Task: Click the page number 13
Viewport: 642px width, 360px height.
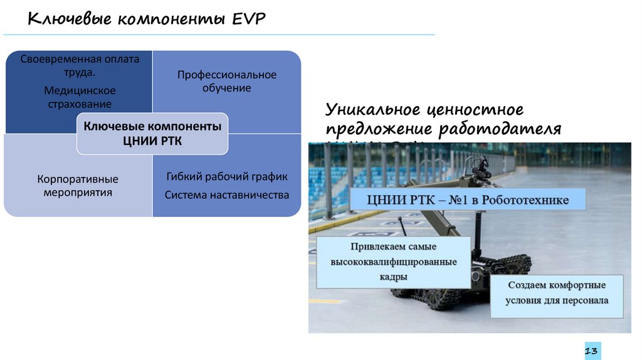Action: pyautogui.click(x=592, y=351)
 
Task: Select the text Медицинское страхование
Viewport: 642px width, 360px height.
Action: pyautogui.click(x=80, y=97)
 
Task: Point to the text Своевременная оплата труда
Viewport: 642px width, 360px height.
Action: pyautogui.click(x=80, y=65)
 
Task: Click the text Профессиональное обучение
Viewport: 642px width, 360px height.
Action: pyautogui.click(x=226, y=82)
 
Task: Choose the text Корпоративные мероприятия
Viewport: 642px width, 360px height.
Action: pyautogui.click(x=78, y=186)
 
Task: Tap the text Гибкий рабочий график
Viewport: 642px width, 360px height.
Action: pyautogui.click(x=226, y=177)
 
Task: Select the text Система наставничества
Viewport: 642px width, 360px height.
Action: pyautogui.click(x=226, y=195)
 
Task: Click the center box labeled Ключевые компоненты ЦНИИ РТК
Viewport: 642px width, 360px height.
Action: pyautogui.click(x=152, y=134)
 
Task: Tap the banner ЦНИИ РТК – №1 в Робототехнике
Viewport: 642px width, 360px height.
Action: pyautogui.click(x=468, y=201)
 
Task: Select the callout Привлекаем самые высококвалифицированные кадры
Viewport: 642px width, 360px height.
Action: pyautogui.click(x=394, y=262)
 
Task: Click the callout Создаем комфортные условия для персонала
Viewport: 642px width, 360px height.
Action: pyautogui.click(x=557, y=293)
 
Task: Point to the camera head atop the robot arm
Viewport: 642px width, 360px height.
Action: pyautogui.click(x=479, y=167)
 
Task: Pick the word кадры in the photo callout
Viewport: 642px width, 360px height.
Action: pyautogui.click(x=394, y=277)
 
